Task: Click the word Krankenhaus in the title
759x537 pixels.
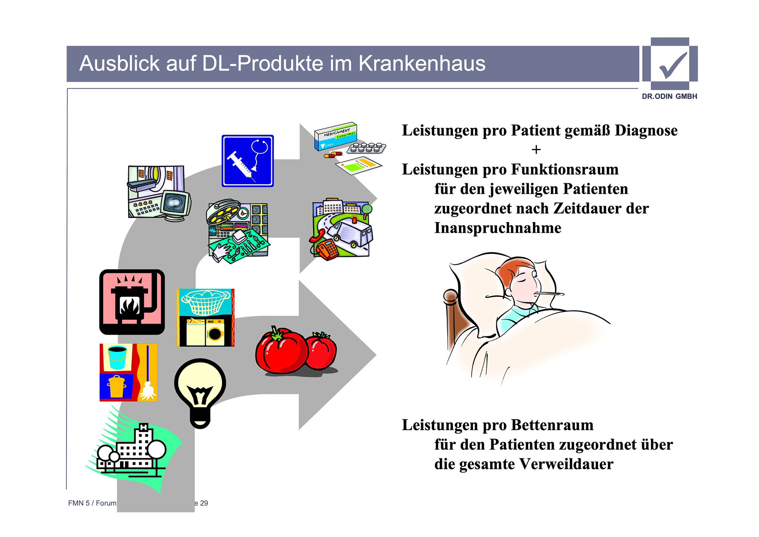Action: click(x=422, y=63)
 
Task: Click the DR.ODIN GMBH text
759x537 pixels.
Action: click(x=669, y=96)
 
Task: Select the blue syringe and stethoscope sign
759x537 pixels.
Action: click(x=247, y=161)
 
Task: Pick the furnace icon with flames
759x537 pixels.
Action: click(x=132, y=302)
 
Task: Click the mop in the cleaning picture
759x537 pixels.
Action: click(x=148, y=376)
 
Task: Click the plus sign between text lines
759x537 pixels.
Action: click(x=536, y=150)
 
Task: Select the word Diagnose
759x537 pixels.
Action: click(x=646, y=131)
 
